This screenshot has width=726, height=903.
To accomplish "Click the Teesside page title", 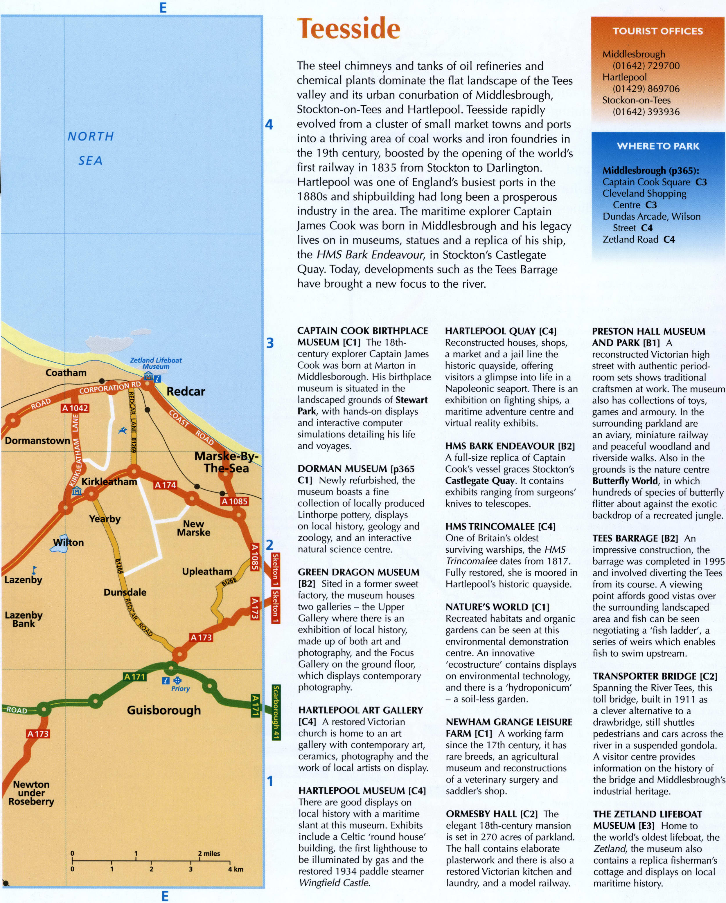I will pyautogui.click(x=348, y=29).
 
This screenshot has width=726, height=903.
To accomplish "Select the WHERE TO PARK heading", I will pyautogui.click(x=658, y=146).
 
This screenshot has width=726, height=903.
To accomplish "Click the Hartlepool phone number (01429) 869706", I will pyautogui.click(x=646, y=89).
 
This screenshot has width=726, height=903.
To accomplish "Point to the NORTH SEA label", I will pyautogui.click(x=91, y=148).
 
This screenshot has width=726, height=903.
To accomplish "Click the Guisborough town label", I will pyautogui.click(x=164, y=710).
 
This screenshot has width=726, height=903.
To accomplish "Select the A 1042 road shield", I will pyautogui.click(x=75, y=408).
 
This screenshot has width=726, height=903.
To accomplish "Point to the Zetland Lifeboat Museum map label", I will pyautogui.click(x=156, y=363).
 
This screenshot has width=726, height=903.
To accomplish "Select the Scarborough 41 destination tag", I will pyautogui.click(x=276, y=712).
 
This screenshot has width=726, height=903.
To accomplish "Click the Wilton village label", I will pyautogui.click(x=69, y=542).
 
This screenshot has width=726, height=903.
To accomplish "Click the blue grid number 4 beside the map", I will pyautogui.click(x=269, y=125).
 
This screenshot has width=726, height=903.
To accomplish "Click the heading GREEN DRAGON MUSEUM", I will pyautogui.click(x=358, y=572).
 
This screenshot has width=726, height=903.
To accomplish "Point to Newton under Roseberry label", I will pyautogui.click(x=31, y=793).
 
